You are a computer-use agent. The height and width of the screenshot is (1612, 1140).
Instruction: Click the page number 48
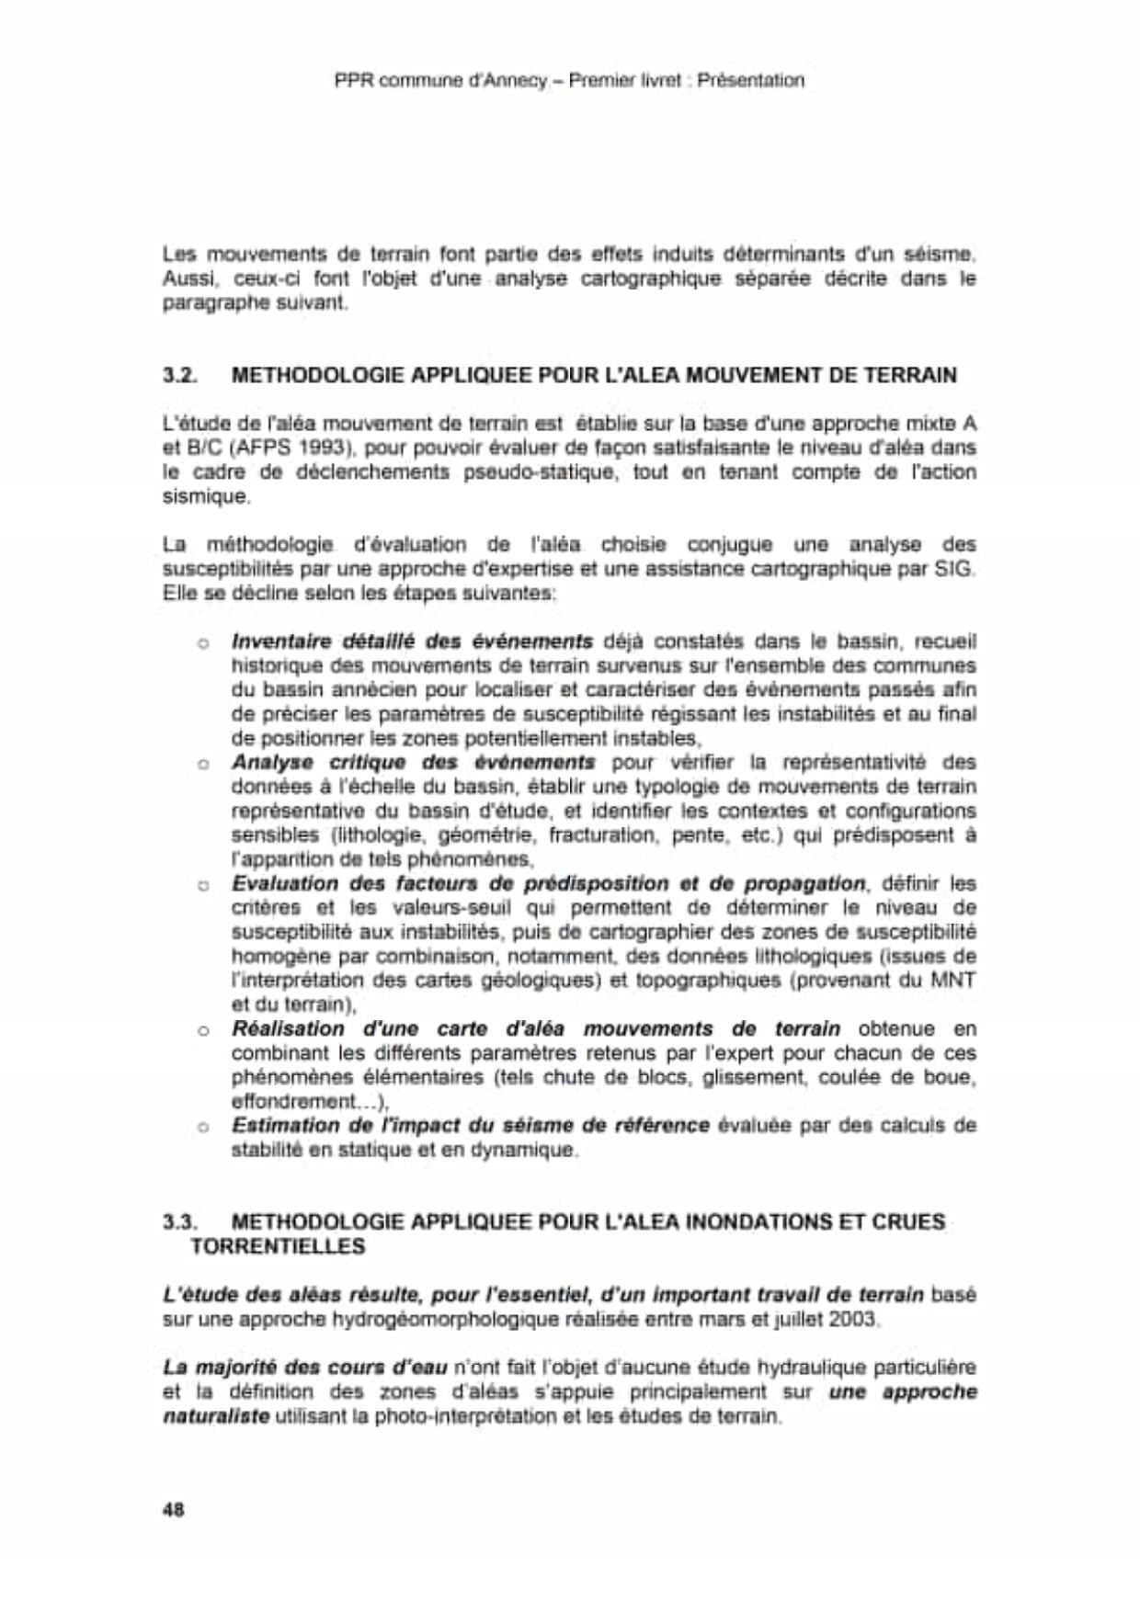click(x=173, y=1509)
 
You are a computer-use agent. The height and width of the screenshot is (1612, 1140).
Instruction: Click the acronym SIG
click(x=953, y=568)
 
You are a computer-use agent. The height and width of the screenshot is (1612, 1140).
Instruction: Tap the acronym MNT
click(x=953, y=980)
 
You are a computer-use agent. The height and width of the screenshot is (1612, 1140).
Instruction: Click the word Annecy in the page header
click(x=507, y=80)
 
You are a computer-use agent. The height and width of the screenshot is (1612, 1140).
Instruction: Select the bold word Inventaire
click(x=280, y=641)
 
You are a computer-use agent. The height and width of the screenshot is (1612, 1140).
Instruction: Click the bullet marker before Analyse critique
click(x=203, y=763)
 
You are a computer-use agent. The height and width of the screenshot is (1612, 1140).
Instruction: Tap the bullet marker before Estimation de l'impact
click(x=203, y=1127)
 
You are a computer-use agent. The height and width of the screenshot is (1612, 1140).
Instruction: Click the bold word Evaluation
click(x=284, y=883)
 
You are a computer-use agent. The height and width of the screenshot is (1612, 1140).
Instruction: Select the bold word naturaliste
click(x=216, y=1416)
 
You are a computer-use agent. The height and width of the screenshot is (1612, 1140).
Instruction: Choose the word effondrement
click(x=292, y=1101)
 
